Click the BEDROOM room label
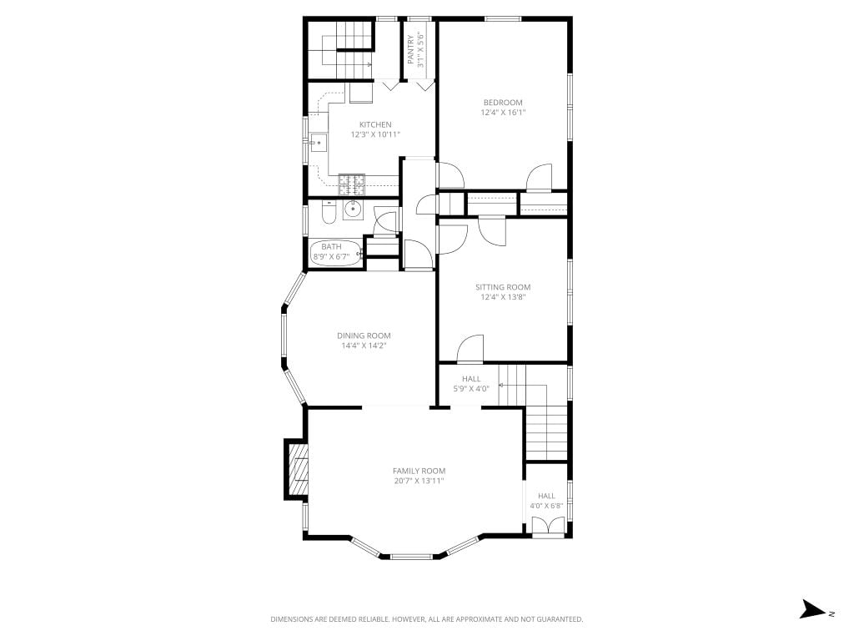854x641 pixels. pos(503,103)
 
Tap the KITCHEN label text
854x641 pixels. pos(375,125)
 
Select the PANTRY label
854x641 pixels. pos(410,49)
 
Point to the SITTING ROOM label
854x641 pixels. pos(503,287)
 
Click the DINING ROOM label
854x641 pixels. pos(364,336)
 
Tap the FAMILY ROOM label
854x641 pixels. pos(419,471)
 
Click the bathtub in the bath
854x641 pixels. pos(336,254)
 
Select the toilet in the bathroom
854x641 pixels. pos(329,213)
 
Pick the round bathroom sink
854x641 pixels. pos(353,209)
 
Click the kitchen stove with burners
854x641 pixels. pos(352,184)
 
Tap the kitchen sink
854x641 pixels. pos(319,143)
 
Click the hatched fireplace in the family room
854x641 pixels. pos(298,469)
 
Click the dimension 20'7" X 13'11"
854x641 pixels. pos(419,482)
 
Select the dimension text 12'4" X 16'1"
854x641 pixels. pos(503,113)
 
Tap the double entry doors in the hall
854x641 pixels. pos(549,527)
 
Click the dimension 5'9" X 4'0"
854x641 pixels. pos(471,389)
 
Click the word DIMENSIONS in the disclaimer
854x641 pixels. pos(292,619)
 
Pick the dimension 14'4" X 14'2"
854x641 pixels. pos(364,346)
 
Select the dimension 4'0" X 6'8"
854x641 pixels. pos(546,507)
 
